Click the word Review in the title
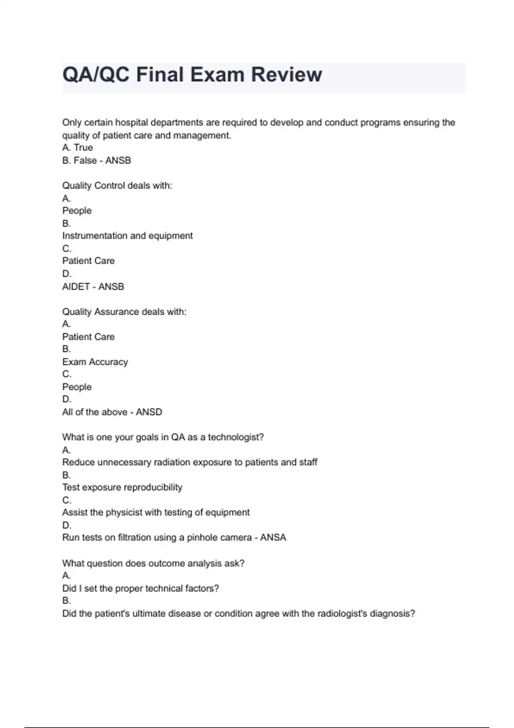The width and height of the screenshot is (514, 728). click(x=286, y=75)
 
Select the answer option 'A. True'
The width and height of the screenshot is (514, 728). click(x=78, y=148)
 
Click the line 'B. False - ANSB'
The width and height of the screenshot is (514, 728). click(x=96, y=161)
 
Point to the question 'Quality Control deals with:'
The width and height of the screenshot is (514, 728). click(x=117, y=186)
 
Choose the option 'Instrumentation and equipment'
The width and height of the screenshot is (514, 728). click(x=127, y=236)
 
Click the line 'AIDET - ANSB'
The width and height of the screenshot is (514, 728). click(x=93, y=286)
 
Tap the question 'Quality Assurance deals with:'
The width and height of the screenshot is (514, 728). click(x=124, y=312)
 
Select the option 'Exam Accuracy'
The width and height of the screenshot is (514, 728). click(x=95, y=362)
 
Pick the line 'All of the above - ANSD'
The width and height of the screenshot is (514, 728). click(x=112, y=412)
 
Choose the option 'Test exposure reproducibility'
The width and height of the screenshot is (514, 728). click(x=122, y=487)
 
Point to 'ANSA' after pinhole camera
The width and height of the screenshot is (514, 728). click(x=273, y=537)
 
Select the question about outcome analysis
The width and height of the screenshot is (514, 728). click(x=153, y=563)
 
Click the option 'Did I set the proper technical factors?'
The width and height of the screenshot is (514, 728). click(x=140, y=588)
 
